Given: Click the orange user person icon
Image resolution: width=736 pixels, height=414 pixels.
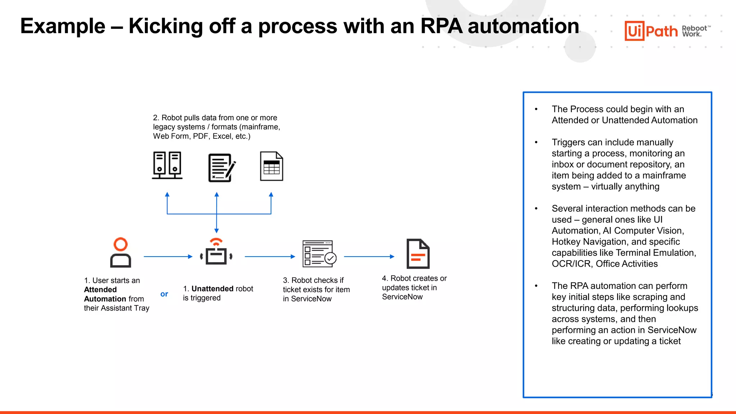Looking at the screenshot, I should [120, 253].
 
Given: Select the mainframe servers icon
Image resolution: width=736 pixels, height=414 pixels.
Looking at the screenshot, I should [167, 165].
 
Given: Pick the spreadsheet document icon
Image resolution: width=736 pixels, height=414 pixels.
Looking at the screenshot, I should [271, 166].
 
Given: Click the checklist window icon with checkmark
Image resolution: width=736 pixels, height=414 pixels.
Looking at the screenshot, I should [319, 254].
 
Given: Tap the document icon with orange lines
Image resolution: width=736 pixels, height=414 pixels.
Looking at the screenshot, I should [418, 254].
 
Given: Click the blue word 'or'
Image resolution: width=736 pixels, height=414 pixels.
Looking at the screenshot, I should [164, 294].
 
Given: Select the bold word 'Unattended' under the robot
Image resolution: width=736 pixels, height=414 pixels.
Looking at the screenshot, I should [212, 289].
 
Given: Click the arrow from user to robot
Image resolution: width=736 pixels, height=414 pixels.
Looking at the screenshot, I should [168, 257].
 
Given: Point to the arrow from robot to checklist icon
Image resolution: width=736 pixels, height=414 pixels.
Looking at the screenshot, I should [270, 257].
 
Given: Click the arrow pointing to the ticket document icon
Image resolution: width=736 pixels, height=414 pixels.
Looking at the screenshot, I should [369, 257].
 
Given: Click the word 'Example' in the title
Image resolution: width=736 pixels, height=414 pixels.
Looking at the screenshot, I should [63, 26].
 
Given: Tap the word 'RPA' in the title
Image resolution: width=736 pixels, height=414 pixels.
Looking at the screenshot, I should [441, 26].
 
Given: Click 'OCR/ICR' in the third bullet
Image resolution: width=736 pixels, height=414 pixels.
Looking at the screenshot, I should [571, 264].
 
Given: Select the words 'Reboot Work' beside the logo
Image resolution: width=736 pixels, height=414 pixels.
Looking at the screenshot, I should [694, 31].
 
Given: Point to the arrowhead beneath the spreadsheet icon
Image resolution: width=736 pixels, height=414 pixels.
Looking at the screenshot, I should [271, 195].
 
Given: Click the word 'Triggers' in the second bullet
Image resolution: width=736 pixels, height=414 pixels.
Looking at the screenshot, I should [568, 142].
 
